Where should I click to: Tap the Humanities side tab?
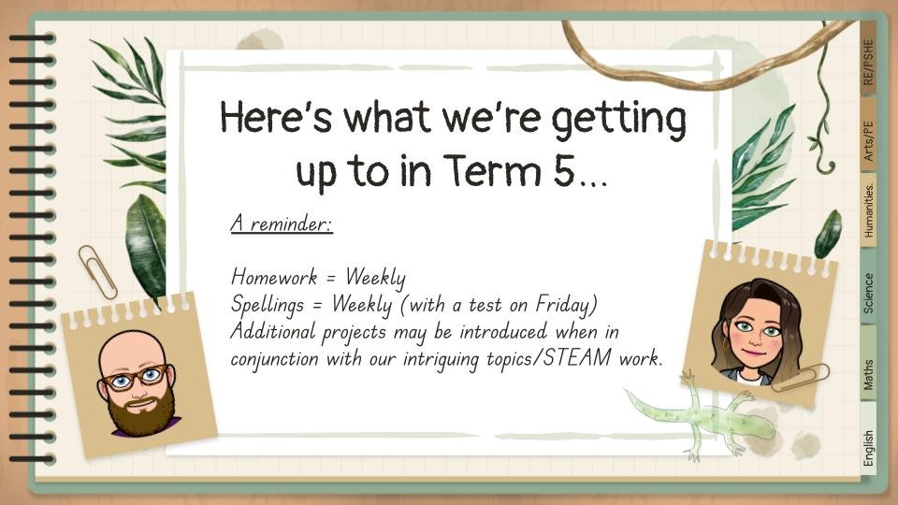(868, 210)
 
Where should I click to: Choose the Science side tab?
(868, 288)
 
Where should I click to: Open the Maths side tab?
(868, 365)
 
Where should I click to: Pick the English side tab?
(868, 440)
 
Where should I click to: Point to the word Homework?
(274, 277)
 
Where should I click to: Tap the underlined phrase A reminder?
(282, 223)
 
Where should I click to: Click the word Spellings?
(268, 305)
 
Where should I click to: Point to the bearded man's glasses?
(135, 377)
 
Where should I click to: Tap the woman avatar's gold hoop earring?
(726, 343)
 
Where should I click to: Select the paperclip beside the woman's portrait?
(800, 378)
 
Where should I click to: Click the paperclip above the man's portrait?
(98, 272)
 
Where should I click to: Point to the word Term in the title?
(492, 170)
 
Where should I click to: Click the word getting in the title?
(618, 122)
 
